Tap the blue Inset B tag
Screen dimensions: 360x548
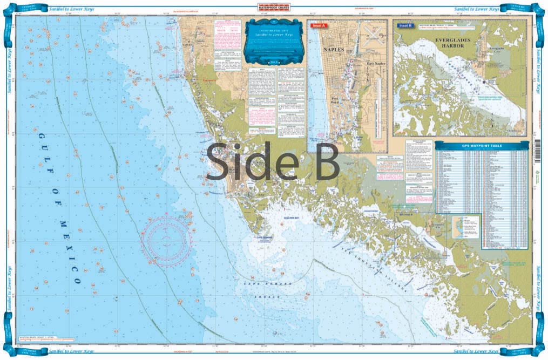click(x=405, y=25)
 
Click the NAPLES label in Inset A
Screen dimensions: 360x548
click(x=333, y=49)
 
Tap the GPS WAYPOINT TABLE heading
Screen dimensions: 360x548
click(x=482, y=145)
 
